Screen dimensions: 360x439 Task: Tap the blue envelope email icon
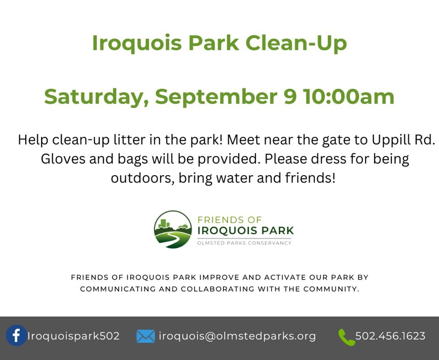(146, 337)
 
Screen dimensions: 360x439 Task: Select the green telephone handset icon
(346, 337)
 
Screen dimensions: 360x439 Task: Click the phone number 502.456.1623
(390, 336)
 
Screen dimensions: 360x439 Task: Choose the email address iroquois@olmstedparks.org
(237, 336)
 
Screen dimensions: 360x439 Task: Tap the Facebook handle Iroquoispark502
(73, 336)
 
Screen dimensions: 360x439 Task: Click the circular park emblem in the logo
(173, 229)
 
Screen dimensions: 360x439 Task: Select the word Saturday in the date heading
(96, 97)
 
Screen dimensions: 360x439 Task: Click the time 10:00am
(348, 97)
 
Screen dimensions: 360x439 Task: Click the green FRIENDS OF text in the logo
(229, 220)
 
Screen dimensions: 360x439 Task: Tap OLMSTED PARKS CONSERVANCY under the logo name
(244, 243)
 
